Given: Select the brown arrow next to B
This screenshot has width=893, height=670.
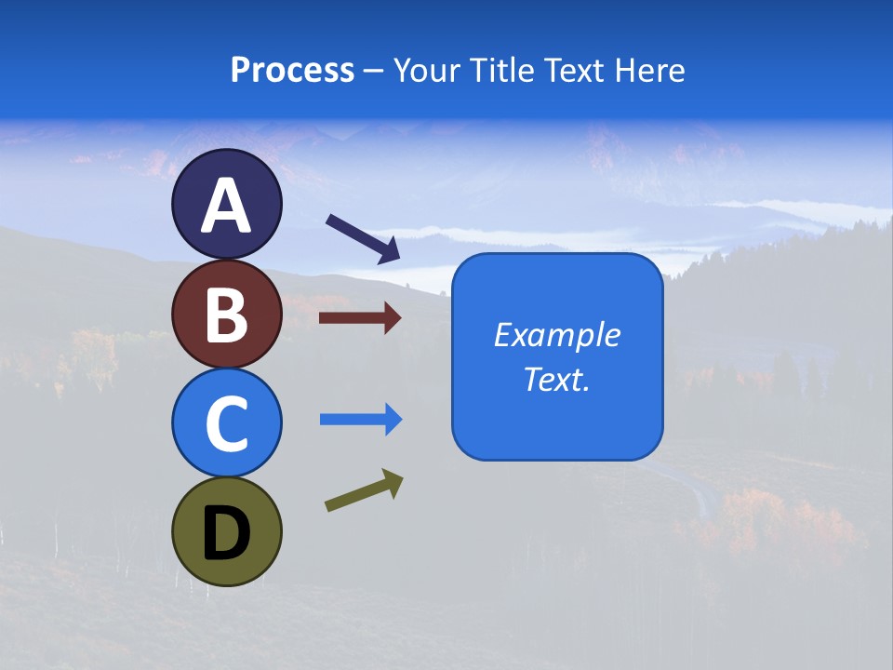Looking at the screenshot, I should [x=360, y=318].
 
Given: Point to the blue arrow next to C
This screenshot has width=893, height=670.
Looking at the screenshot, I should [x=360, y=420].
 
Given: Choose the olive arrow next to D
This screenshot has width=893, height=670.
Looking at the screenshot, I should [x=364, y=490].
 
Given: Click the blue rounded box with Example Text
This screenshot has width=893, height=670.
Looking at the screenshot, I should [x=557, y=356].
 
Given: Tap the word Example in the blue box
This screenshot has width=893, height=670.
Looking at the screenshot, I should [x=557, y=335].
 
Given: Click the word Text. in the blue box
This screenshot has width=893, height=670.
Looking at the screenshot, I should [x=557, y=379].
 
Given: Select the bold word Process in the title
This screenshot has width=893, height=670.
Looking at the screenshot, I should [x=292, y=70].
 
